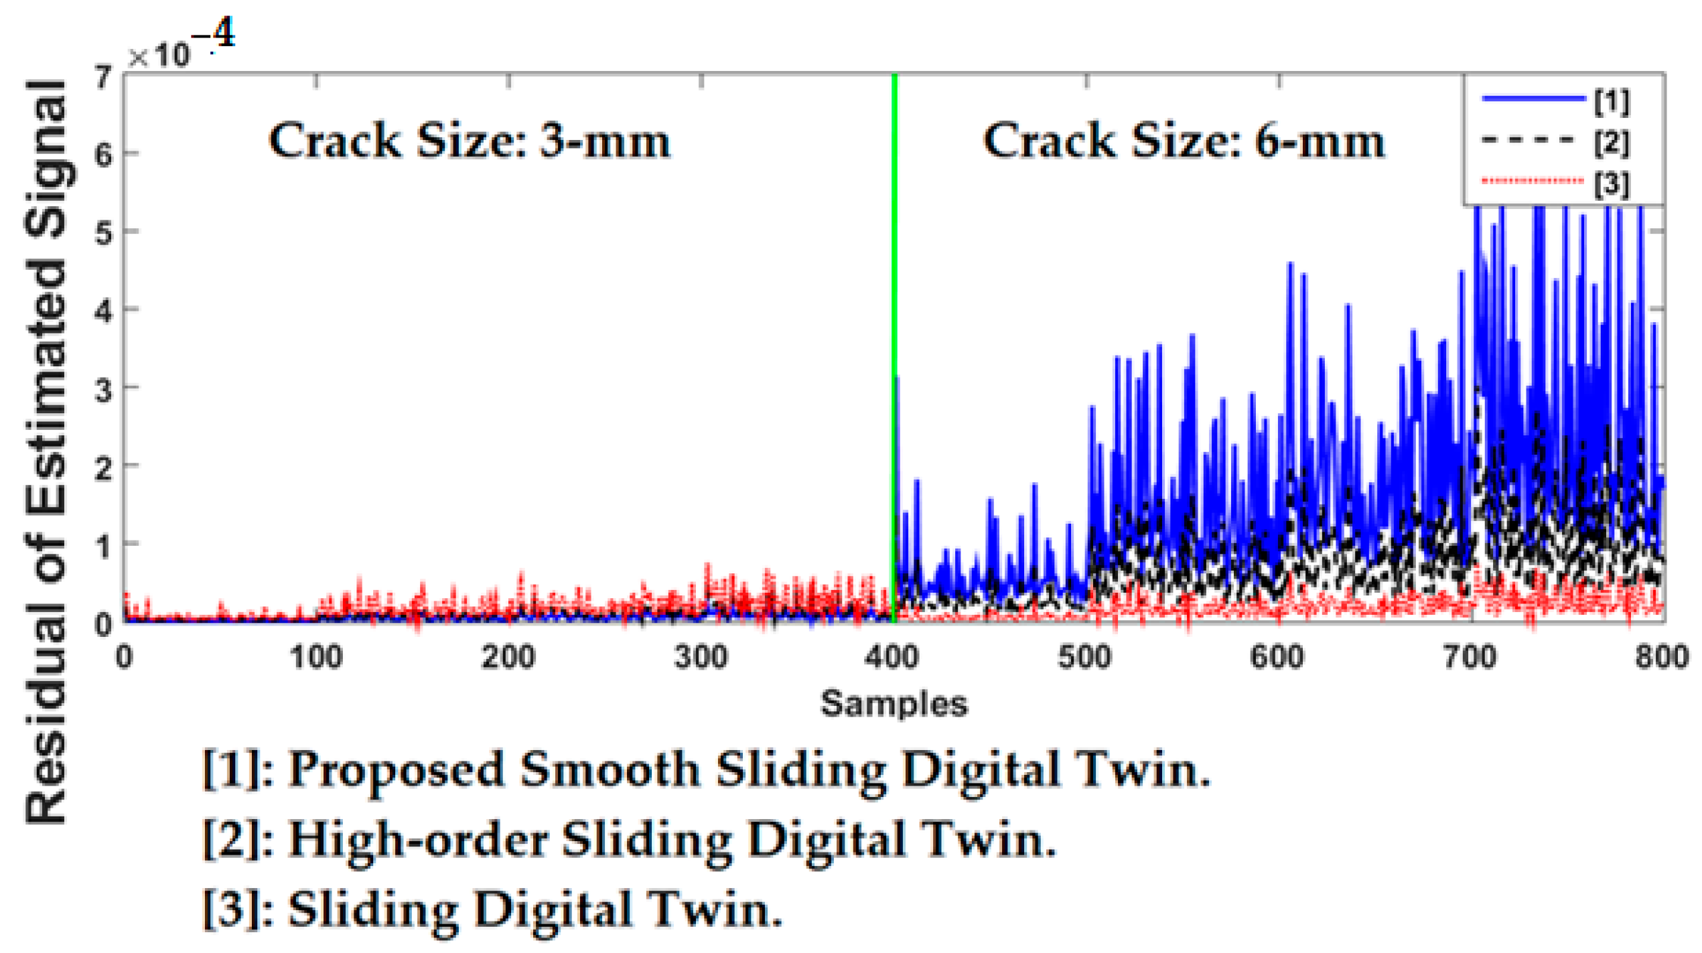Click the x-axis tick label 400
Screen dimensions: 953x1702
[x=892, y=657]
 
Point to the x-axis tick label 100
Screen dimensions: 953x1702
[x=316, y=657]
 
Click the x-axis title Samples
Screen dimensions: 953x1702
[x=894, y=704]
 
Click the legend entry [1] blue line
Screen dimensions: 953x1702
[x=1534, y=99]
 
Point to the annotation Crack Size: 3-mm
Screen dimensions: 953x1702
[x=469, y=141]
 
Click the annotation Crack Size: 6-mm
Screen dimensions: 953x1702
[x=1183, y=141]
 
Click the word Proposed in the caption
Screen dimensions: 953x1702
[x=395, y=770]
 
